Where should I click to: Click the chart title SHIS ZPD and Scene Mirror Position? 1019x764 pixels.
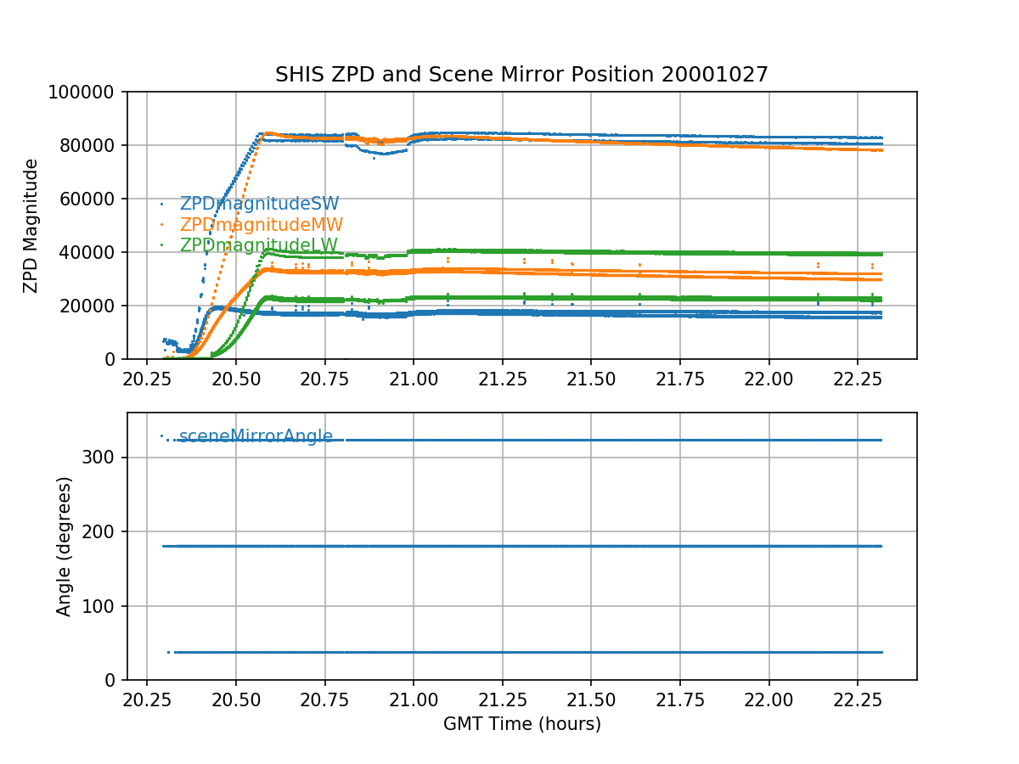521,75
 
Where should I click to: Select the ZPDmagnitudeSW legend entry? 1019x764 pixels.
259,204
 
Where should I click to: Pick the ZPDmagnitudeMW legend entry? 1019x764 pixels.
261,225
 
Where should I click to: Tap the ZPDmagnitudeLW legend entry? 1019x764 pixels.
259,245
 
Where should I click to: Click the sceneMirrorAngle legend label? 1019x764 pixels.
256,437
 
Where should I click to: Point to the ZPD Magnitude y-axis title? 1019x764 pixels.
31,225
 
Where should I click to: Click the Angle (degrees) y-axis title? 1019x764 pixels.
64,546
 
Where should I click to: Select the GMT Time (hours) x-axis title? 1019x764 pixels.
521,724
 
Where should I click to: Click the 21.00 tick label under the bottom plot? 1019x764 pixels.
414,697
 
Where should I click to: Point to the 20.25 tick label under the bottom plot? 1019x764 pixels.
147,697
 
